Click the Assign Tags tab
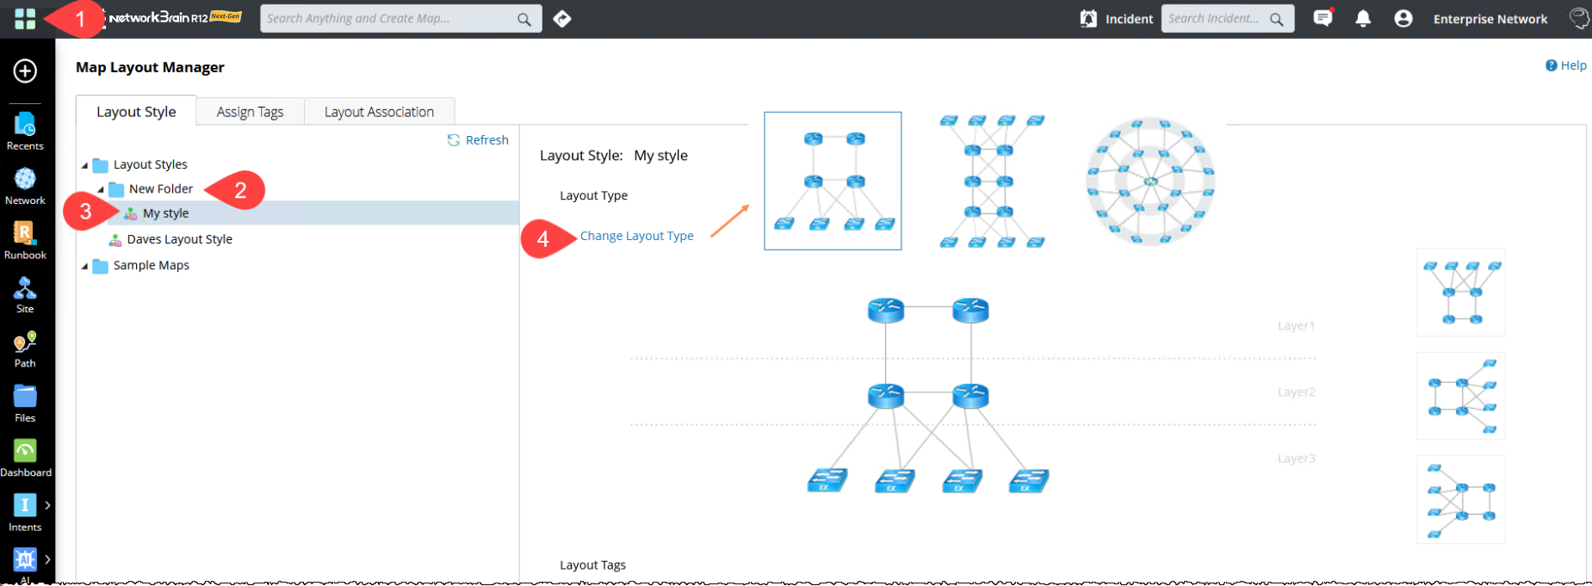(250, 112)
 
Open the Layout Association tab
(379, 112)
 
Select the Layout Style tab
(136, 112)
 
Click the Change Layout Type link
(636, 236)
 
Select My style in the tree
(165, 213)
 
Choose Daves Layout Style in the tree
(179, 239)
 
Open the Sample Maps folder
(151, 265)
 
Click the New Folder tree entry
(160, 189)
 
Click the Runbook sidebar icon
(25, 239)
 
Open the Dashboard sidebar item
(25, 457)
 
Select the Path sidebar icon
(25, 349)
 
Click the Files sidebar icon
(25, 403)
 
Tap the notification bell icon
(1363, 18)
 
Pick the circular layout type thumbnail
(1150, 182)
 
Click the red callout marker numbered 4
(543, 239)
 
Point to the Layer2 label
(1296, 392)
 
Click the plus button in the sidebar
(25, 71)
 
